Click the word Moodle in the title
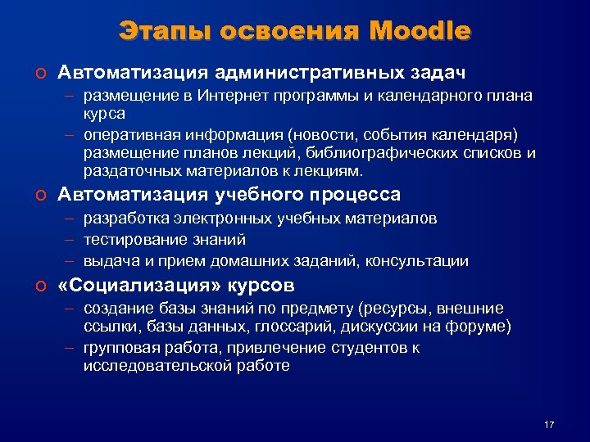[420, 32]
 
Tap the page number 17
[549, 424]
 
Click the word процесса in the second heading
[354, 195]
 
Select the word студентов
[374, 347]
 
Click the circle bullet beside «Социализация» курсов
[39, 286]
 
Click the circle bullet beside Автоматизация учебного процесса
[39, 196]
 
